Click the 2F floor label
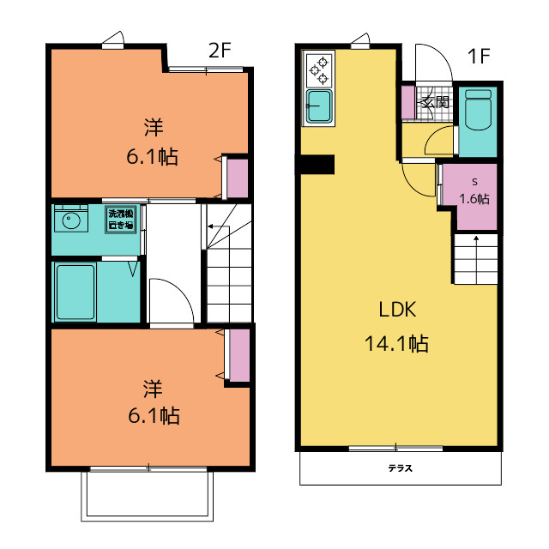tap(220, 51)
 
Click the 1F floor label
tap(479, 56)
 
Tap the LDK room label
tap(398, 310)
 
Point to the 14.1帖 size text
tap(396, 343)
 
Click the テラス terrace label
tap(401, 468)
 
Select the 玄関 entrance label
tap(435, 102)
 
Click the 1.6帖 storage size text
tap(474, 198)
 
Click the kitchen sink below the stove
tap(319, 106)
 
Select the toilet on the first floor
tap(479, 110)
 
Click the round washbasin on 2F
tap(71, 220)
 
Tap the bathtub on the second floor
tap(75, 292)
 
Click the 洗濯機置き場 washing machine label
tap(121, 220)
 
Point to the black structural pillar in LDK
tap(316, 165)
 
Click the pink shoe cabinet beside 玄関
tap(408, 102)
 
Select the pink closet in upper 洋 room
tap(238, 178)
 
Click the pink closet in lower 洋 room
tap(240, 355)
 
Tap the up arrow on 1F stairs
tap(476, 260)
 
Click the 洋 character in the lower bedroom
tap(153, 389)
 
